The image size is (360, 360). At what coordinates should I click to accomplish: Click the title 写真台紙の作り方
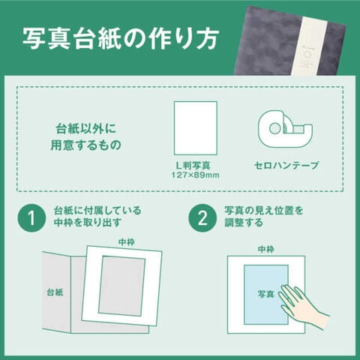tap(121, 38)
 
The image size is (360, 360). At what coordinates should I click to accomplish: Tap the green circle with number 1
tap(31, 218)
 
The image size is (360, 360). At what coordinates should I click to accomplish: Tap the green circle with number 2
tap(202, 218)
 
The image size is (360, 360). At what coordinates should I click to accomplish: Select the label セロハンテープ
tap(286, 166)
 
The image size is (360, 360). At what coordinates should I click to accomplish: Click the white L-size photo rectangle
tap(196, 128)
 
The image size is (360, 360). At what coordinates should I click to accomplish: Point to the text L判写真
tap(193, 165)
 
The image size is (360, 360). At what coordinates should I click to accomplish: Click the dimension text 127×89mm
tap(195, 175)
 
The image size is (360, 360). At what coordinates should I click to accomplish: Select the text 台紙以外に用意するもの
tap(85, 137)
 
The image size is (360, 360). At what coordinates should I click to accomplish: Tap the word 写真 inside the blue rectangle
tap(266, 294)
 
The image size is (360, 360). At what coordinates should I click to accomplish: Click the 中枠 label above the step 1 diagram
tap(127, 242)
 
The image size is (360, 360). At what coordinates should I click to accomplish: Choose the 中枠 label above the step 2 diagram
tap(266, 249)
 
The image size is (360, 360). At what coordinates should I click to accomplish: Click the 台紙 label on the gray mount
tap(55, 292)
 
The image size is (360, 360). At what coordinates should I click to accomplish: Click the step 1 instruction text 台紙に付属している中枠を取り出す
tap(97, 217)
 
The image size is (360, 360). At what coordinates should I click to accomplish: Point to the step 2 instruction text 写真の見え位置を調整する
tap(263, 217)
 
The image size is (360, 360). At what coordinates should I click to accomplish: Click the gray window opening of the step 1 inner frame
tap(121, 286)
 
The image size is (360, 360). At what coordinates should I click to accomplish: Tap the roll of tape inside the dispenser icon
tap(275, 128)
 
